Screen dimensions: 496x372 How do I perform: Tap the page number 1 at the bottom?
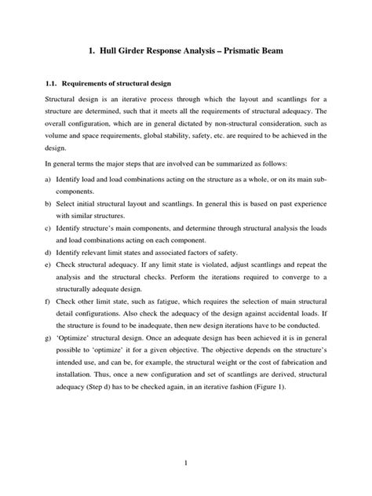(186, 464)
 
